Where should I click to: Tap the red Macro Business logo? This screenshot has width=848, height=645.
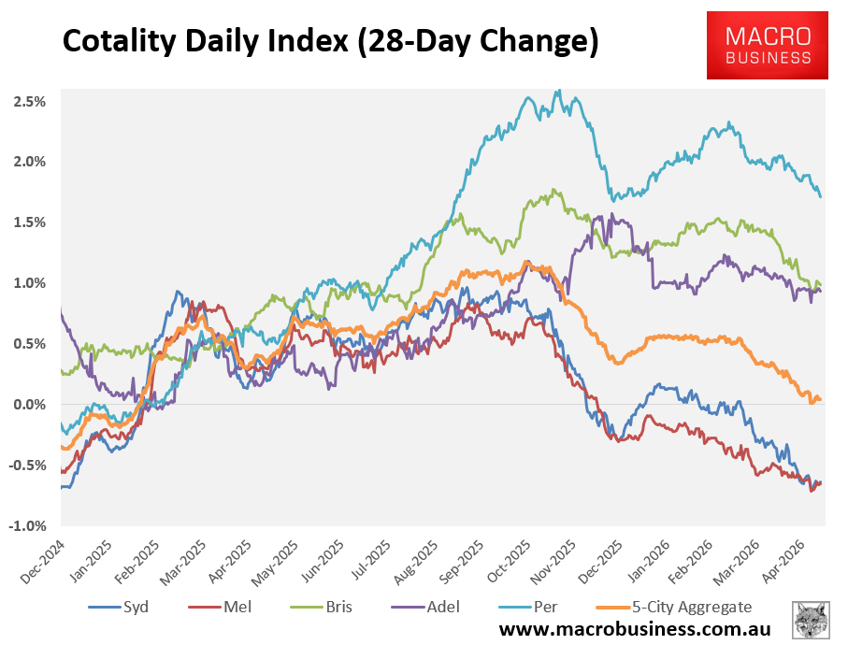(767, 46)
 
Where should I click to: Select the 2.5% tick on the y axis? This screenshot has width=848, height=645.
(29, 102)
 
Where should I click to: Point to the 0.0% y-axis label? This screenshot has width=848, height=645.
(29, 405)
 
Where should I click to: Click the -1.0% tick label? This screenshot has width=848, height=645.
(27, 525)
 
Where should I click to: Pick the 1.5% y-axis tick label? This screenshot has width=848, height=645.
(29, 222)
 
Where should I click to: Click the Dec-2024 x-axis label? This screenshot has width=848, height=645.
(42, 562)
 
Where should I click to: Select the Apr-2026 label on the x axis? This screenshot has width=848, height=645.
(784, 562)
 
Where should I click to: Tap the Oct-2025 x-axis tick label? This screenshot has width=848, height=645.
(509, 562)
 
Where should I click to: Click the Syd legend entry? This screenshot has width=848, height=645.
(119, 607)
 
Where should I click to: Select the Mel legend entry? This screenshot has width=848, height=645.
(220, 607)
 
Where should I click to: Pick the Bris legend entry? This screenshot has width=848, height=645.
(322, 607)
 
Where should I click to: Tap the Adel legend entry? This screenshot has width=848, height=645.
(425, 607)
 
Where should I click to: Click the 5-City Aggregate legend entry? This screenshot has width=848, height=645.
(674, 607)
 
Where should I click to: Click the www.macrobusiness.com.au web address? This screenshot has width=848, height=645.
(635, 629)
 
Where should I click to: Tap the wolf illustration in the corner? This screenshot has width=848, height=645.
(811, 620)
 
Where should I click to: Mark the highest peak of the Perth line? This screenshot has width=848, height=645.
(559, 91)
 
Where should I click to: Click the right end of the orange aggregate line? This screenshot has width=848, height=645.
(820, 399)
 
